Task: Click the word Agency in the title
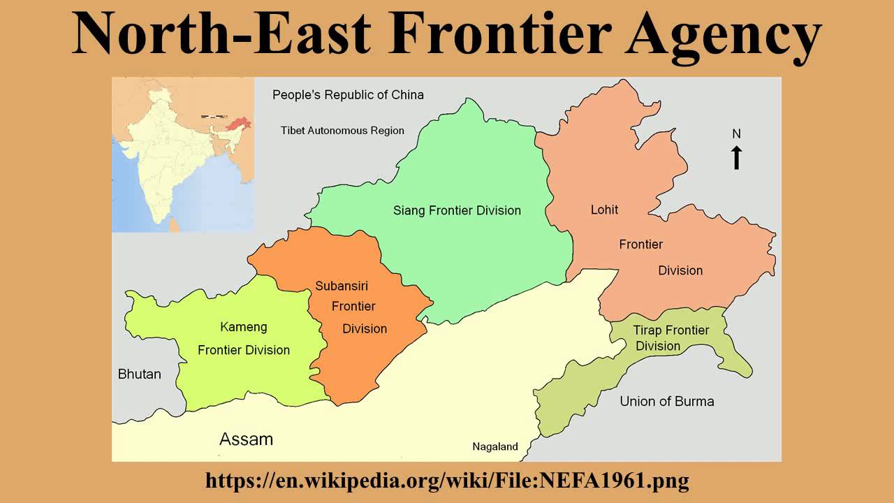coord(724,35)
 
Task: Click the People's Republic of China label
coord(348,95)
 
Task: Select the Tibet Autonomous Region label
coord(342,131)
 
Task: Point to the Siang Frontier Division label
coord(457,210)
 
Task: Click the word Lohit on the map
coord(604,210)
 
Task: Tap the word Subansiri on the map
coord(342,286)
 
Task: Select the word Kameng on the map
coord(243,327)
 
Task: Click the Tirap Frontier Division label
coord(670,338)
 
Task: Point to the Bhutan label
coord(139,374)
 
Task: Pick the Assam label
coord(246,439)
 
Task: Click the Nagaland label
coord(495,447)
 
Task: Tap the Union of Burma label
coord(667,401)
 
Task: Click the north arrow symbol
coord(736,158)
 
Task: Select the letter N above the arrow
coord(736,133)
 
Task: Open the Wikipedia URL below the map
coord(447,481)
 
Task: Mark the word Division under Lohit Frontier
coord(680,270)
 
